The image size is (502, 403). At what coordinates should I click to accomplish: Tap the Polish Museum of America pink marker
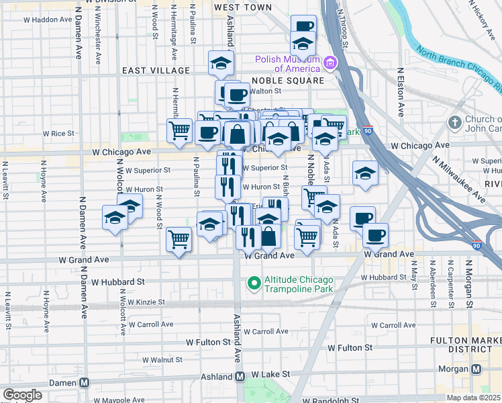330,64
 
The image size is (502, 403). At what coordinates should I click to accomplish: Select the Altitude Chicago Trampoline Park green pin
254,284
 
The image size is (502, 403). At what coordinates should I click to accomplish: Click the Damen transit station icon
85,383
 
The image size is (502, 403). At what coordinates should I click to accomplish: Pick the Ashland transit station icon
240,377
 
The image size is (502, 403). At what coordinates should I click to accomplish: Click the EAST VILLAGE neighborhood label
156,71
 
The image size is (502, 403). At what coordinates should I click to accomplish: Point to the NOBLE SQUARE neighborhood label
287,81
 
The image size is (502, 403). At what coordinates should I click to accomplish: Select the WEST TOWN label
242,7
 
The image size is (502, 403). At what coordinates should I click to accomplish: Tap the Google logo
22,395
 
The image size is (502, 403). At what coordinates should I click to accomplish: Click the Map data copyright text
474,398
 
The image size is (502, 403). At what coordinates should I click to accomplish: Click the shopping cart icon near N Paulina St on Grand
179,239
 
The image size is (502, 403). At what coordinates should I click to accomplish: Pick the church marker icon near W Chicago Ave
454,122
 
